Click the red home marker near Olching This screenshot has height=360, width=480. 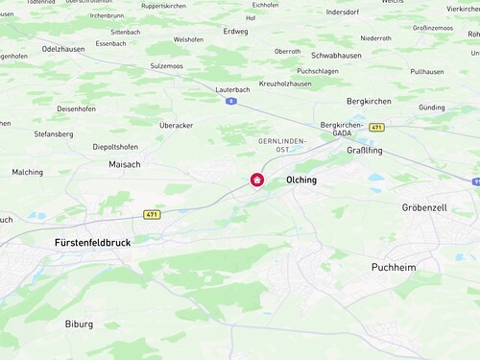(x=257, y=180)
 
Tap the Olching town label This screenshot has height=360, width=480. (x=301, y=180)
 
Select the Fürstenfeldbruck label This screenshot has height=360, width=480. (x=92, y=243)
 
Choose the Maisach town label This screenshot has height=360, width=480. (x=125, y=164)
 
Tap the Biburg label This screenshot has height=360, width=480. (x=79, y=324)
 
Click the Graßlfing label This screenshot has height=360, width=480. (x=365, y=151)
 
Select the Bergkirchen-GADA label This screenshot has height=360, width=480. (x=342, y=131)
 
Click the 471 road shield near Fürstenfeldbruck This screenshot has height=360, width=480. (x=151, y=214)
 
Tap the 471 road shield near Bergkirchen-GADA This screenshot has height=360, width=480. (x=377, y=127)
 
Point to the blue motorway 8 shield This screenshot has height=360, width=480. (x=231, y=101)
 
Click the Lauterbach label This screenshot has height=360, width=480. (x=232, y=89)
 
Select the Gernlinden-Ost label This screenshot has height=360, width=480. (x=281, y=145)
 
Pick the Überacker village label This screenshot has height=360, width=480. (x=176, y=125)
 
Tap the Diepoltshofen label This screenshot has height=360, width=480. (x=115, y=147)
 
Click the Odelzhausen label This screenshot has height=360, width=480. (x=64, y=47)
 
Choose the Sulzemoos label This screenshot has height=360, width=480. (x=166, y=66)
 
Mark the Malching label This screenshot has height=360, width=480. (x=27, y=172)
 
